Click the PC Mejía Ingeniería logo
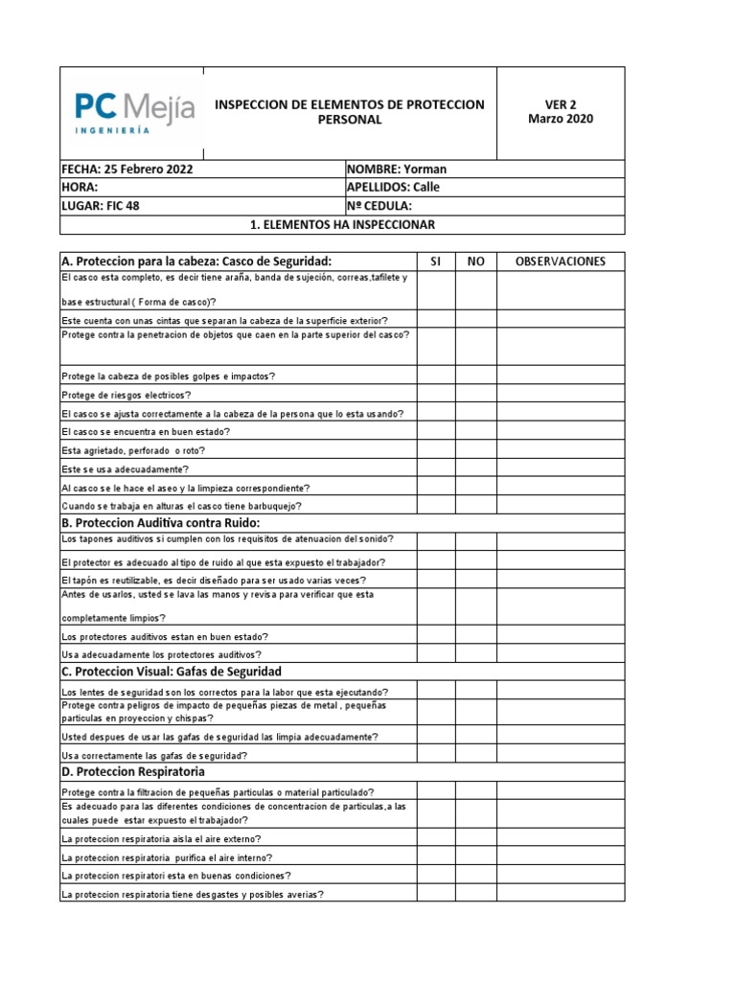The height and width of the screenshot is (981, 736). coord(134,113)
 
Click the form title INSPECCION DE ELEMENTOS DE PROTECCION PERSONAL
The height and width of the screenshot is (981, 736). coord(349,112)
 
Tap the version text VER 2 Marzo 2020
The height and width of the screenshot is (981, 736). coord(561,112)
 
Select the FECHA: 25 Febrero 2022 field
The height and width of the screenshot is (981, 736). coord(201,170)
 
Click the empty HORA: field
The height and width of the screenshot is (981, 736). coord(201,188)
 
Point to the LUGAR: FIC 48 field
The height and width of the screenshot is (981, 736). coord(201,206)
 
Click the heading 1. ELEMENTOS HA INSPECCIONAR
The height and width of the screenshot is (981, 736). coord(342,225)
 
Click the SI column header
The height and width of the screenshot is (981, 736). coord(435,262)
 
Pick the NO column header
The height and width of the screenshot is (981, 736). coord(475,262)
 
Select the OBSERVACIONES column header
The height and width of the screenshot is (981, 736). coord(561,262)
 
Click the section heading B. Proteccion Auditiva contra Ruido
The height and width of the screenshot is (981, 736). coord(161,523)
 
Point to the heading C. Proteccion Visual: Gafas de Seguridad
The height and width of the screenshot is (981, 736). coord(172,672)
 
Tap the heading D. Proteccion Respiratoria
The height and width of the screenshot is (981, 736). coord(132,771)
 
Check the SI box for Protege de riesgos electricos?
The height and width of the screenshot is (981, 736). coord(435,395)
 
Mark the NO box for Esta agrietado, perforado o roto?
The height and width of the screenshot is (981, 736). coord(475,450)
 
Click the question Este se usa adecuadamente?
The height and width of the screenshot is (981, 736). coord(126,469)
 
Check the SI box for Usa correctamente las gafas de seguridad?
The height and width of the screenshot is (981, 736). coord(435,755)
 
